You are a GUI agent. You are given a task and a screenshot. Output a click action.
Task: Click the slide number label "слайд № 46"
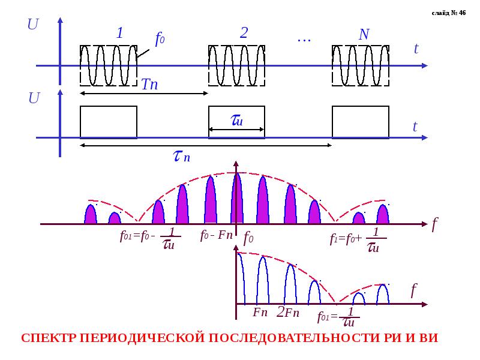click(x=448, y=13)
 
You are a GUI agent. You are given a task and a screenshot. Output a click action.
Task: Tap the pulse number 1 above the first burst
click(x=119, y=33)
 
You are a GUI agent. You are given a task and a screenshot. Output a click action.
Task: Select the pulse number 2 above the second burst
click(x=244, y=33)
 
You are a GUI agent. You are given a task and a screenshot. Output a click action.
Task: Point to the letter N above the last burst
click(x=364, y=35)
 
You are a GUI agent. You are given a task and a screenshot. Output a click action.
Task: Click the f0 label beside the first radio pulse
click(x=160, y=40)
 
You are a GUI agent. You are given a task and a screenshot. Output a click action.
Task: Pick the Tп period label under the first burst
click(x=149, y=85)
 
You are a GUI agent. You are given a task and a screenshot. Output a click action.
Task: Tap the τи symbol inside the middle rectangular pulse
click(x=236, y=121)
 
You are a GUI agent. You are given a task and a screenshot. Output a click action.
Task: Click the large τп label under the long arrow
click(x=182, y=157)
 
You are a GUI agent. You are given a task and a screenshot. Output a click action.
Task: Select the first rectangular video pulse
click(x=109, y=122)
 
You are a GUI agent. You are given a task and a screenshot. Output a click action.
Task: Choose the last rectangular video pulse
click(x=361, y=122)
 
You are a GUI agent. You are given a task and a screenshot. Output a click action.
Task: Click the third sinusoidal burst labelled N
click(x=361, y=65)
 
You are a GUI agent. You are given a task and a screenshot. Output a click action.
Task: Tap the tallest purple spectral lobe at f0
click(x=237, y=200)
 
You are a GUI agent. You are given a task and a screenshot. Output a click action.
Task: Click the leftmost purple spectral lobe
click(x=91, y=215)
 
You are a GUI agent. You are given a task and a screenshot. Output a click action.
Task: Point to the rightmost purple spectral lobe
click(x=383, y=215)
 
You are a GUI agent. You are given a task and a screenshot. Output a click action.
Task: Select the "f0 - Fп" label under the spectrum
click(x=216, y=235)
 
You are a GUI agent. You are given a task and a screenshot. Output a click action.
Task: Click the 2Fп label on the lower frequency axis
click(x=288, y=312)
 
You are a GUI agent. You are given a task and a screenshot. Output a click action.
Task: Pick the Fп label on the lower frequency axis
click(x=260, y=312)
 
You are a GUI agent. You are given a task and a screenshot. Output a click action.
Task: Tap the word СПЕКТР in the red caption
click(x=49, y=338)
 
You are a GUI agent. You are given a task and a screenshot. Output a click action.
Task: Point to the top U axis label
click(x=34, y=25)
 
